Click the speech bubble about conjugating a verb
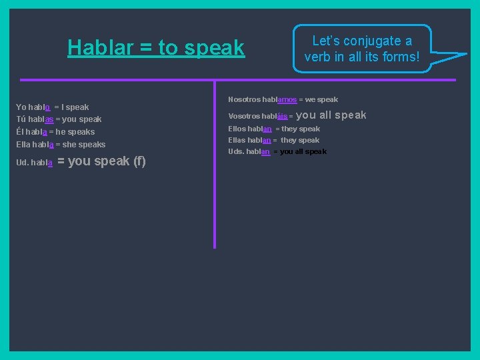click(362, 49)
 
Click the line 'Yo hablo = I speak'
click(53, 107)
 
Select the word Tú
click(21, 119)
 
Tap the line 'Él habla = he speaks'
click(55, 132)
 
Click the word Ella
click(24, 145)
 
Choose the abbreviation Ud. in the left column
click(22, 163)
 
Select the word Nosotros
click(243, 100)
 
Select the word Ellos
click(237, 129)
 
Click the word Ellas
click(237, 141)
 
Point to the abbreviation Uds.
click(235, 152)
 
